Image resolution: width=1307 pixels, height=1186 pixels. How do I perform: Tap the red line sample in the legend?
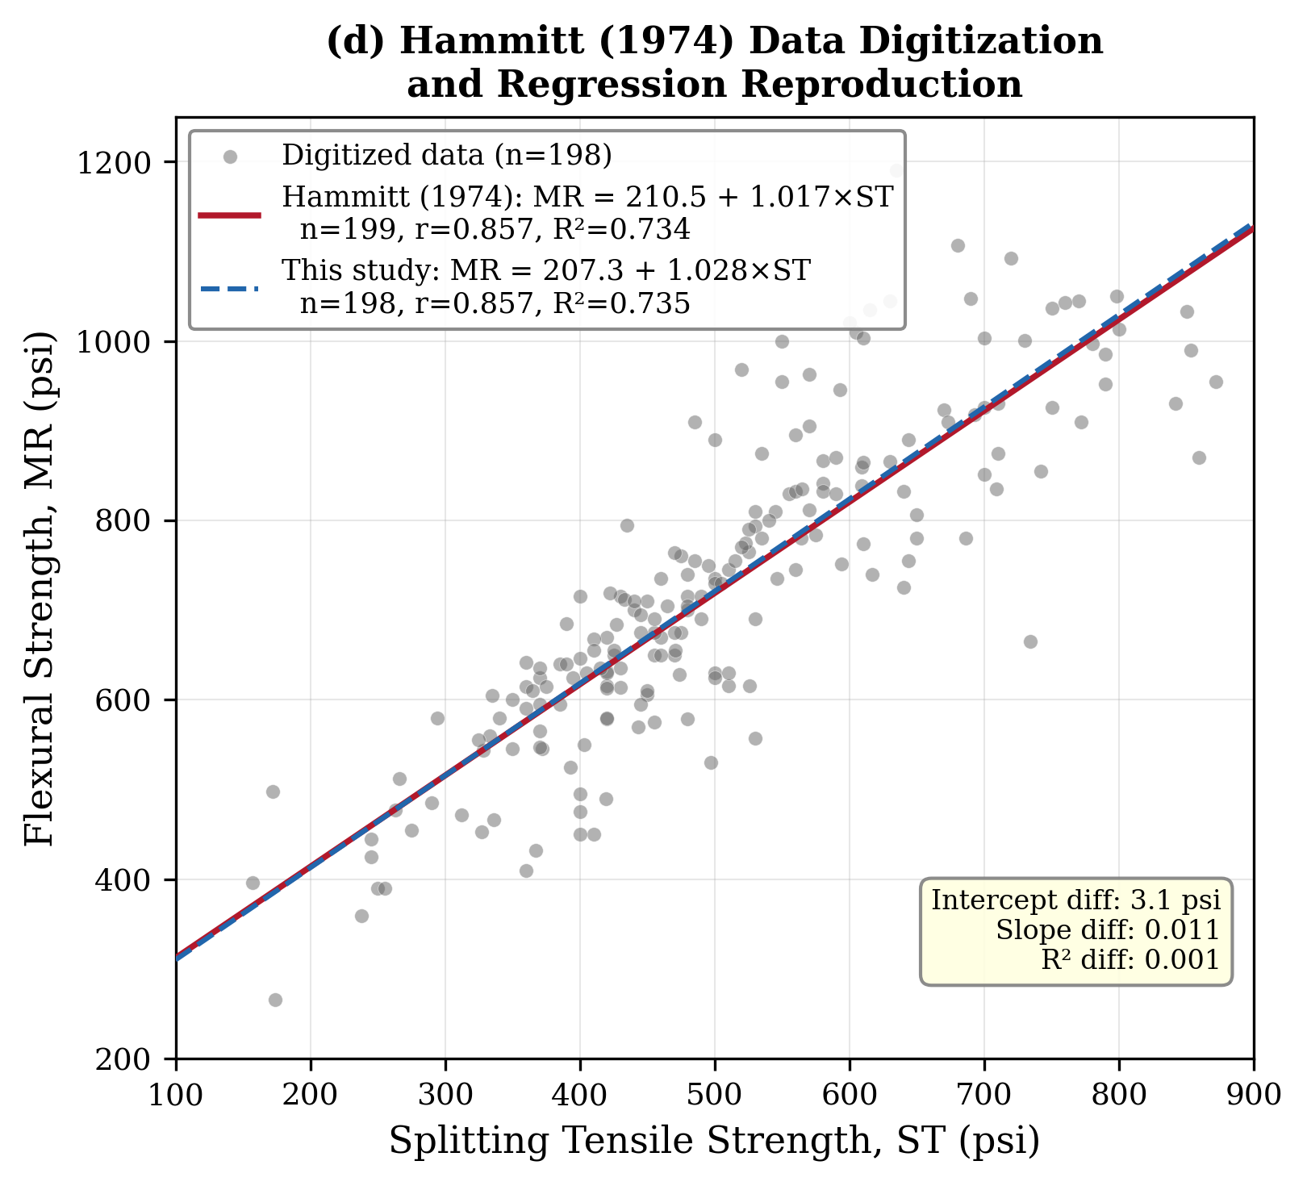pyautogui.click(x=230, y=215)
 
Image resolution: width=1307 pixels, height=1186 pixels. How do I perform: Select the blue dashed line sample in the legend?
pyautogui.click(x=230, y=287)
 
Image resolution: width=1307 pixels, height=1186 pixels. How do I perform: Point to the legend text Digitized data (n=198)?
pyautogui.click(x=447, y=155)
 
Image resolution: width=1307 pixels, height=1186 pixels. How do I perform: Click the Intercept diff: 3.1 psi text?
pyautogui.click(x=1075, y=900)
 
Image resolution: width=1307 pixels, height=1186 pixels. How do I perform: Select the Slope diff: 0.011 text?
pyautogui.click(x=1107, y=930)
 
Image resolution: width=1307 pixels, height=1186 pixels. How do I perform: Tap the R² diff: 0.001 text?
pyautogui.click(x=1130, y=959)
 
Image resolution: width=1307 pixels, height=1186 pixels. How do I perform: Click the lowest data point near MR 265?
pyautogui.click(x=275, y=1000)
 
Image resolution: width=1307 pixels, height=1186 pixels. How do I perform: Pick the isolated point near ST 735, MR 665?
pyautogui.click(x=1030, y=641)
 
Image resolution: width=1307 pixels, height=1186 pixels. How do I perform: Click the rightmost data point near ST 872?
pyautogui.click(x=1216, y=382)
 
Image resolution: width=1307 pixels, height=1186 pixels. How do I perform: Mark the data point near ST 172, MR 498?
pyautogui.click(x=273, y=791)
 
